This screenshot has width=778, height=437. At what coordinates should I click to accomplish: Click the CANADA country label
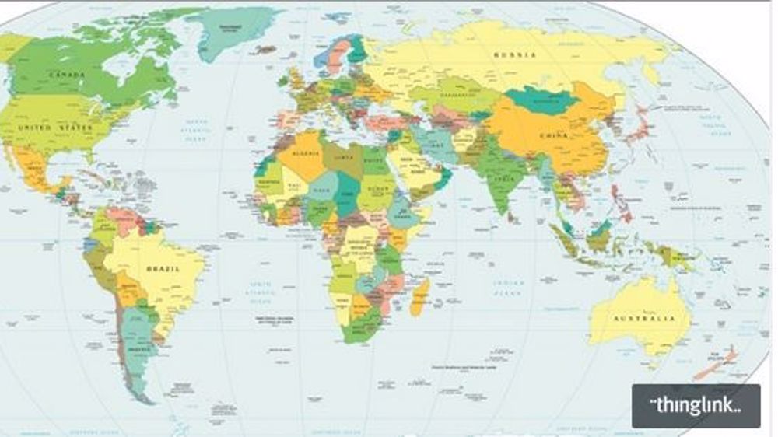[67, 75]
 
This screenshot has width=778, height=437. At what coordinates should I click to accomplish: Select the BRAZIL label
[163, 268]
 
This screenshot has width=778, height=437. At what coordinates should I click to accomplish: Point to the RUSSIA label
[515, 54]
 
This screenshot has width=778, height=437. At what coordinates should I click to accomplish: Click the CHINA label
[554, 136]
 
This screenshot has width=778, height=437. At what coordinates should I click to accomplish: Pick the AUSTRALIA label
[643, 319]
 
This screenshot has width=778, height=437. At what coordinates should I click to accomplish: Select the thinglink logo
[696, 405]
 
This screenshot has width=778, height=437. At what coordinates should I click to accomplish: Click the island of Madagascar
[419, 299]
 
